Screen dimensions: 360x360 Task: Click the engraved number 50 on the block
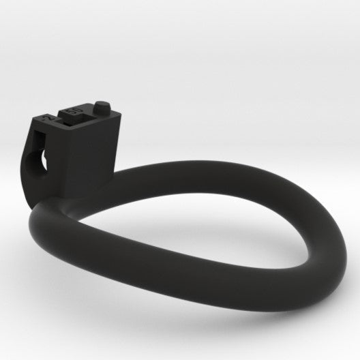72,109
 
